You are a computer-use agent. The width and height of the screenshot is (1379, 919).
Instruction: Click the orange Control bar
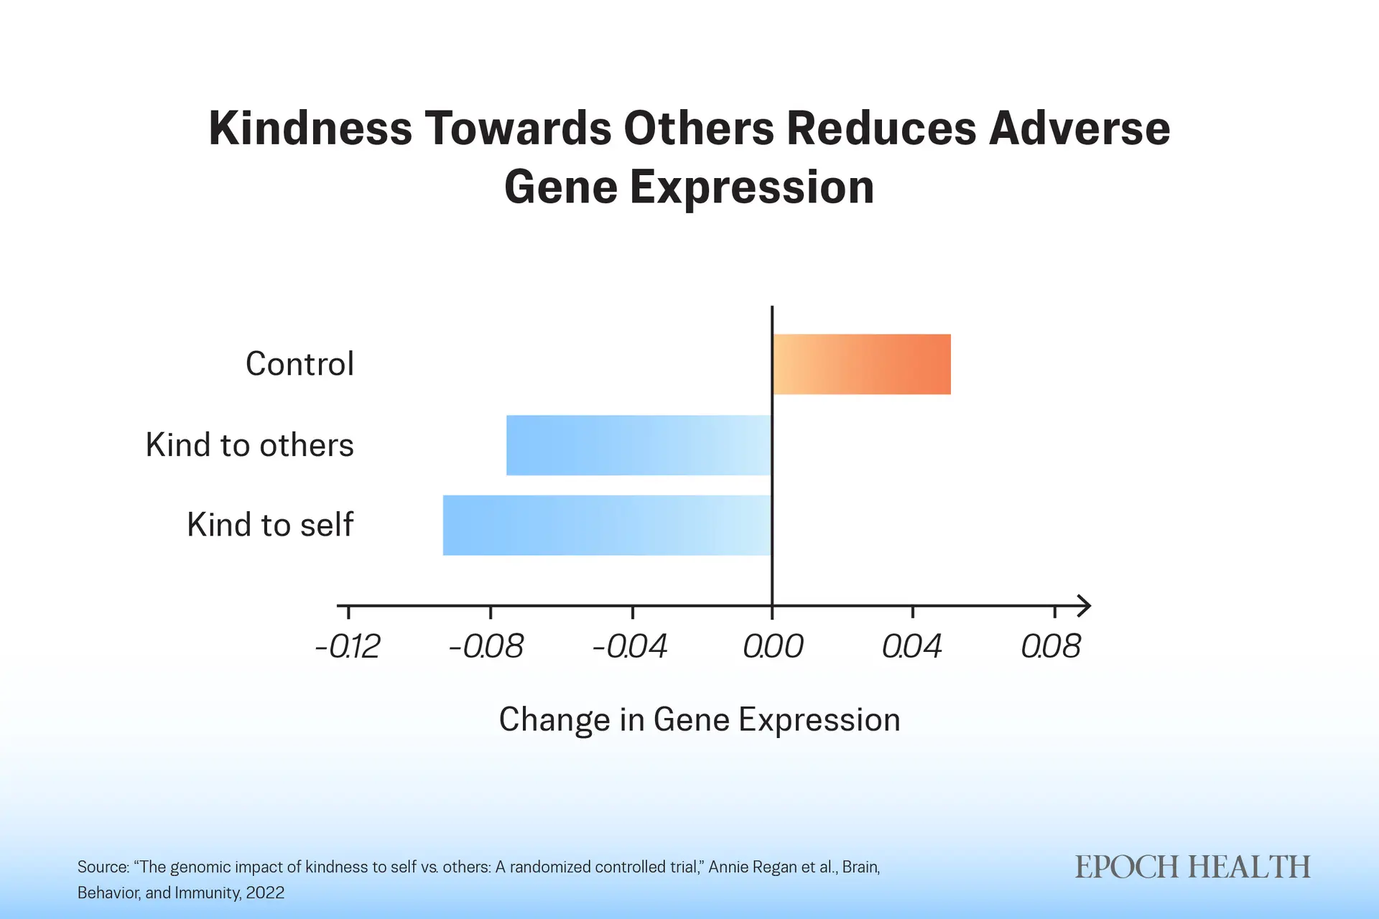(862, 364)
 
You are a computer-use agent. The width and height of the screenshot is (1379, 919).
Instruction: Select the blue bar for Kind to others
(639, 445)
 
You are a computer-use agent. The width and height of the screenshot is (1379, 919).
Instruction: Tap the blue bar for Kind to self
(607, 525)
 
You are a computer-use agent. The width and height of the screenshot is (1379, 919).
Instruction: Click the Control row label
(300, 364)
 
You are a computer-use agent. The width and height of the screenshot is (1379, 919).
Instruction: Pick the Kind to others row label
(249, 445)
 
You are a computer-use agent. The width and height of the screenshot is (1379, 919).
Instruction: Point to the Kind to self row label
(270, 525)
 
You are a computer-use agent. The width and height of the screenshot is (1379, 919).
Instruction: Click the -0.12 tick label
(348, 646)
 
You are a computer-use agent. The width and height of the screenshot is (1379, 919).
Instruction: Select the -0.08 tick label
(486, 646)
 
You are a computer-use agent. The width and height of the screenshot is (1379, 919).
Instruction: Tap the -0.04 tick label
(630, 646)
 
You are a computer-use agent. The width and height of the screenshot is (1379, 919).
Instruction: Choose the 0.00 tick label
(773, 646)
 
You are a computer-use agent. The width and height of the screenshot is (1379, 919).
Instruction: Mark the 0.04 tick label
(911, 646)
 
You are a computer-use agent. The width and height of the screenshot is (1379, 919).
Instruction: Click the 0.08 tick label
(1051, 646)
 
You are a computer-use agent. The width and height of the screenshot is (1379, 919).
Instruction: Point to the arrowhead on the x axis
(1085, 606)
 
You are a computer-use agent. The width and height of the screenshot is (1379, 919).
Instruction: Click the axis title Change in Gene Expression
(700, 719)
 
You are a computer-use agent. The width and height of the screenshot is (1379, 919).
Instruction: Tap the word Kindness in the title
(310, 129)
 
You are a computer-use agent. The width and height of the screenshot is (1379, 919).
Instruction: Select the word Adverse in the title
(1079, 129)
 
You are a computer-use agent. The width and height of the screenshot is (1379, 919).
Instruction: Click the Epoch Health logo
(1192, 867)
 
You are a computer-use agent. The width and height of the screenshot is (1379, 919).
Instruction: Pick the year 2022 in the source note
(265, 892)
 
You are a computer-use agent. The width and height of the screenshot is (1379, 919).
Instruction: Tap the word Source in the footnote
(103, 867)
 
